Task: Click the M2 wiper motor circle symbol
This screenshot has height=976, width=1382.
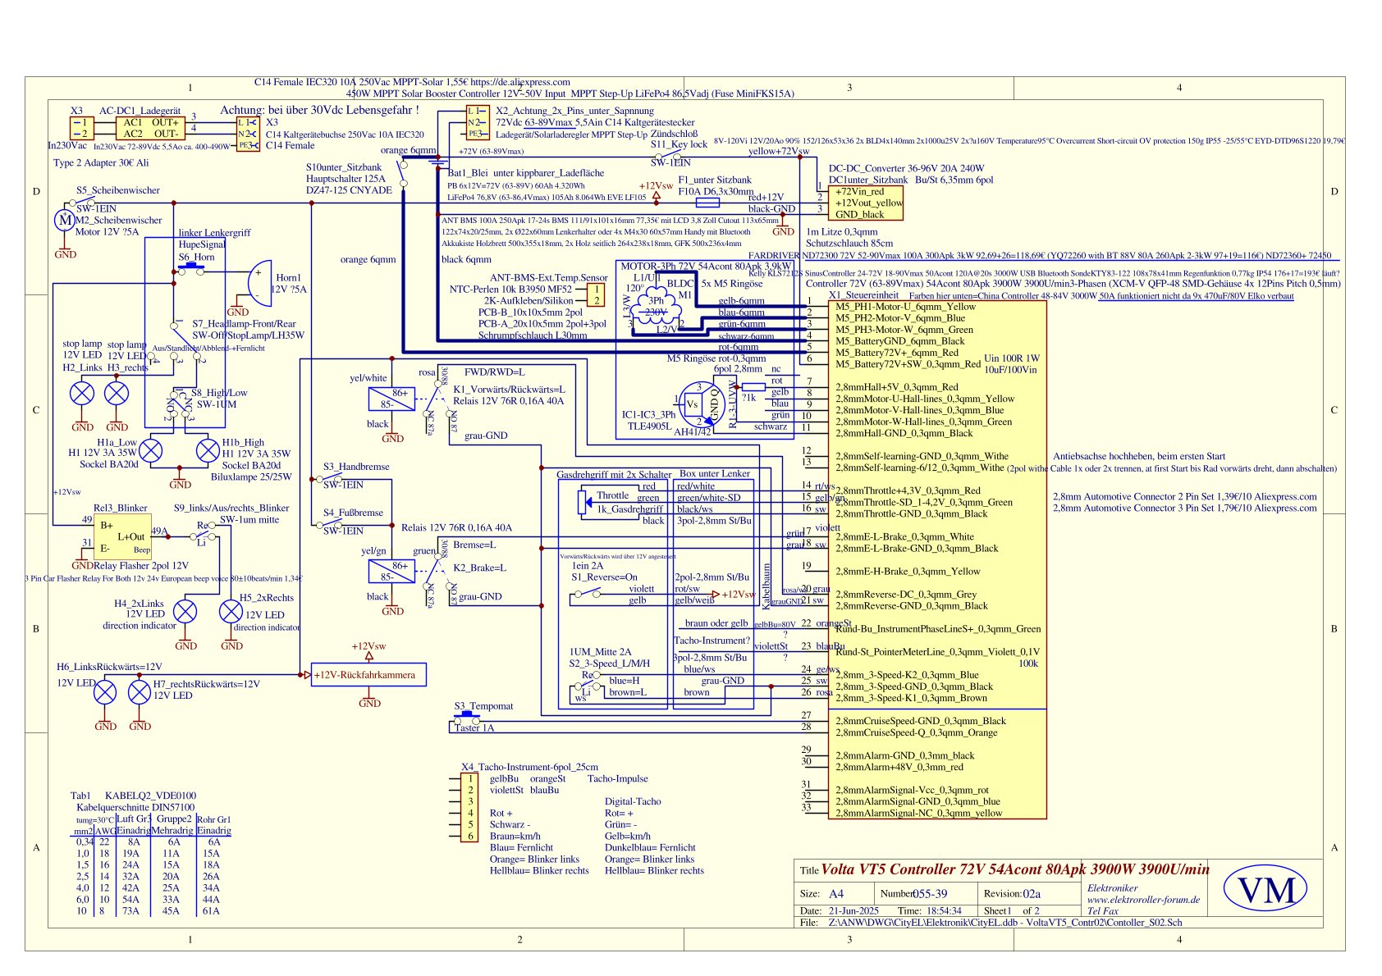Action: (x=64, y=220)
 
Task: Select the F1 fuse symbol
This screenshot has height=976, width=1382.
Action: (x=708, y=202)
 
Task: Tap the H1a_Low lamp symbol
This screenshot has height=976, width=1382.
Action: (x=151, y=450)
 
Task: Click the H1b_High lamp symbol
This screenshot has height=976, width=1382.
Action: (x=208, y=450)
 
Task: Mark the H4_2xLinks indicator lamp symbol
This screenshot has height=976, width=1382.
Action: (x=186, y=611)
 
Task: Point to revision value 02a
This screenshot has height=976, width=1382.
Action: (x=1032, y=894)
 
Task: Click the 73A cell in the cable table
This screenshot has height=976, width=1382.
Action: (x=131, y=910)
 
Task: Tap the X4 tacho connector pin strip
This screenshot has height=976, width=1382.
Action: (x=470, y=808)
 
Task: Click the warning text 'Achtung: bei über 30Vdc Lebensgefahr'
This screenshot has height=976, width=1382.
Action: (x=319, y=110)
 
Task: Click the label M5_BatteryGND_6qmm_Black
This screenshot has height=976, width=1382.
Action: (x=899, y=341)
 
